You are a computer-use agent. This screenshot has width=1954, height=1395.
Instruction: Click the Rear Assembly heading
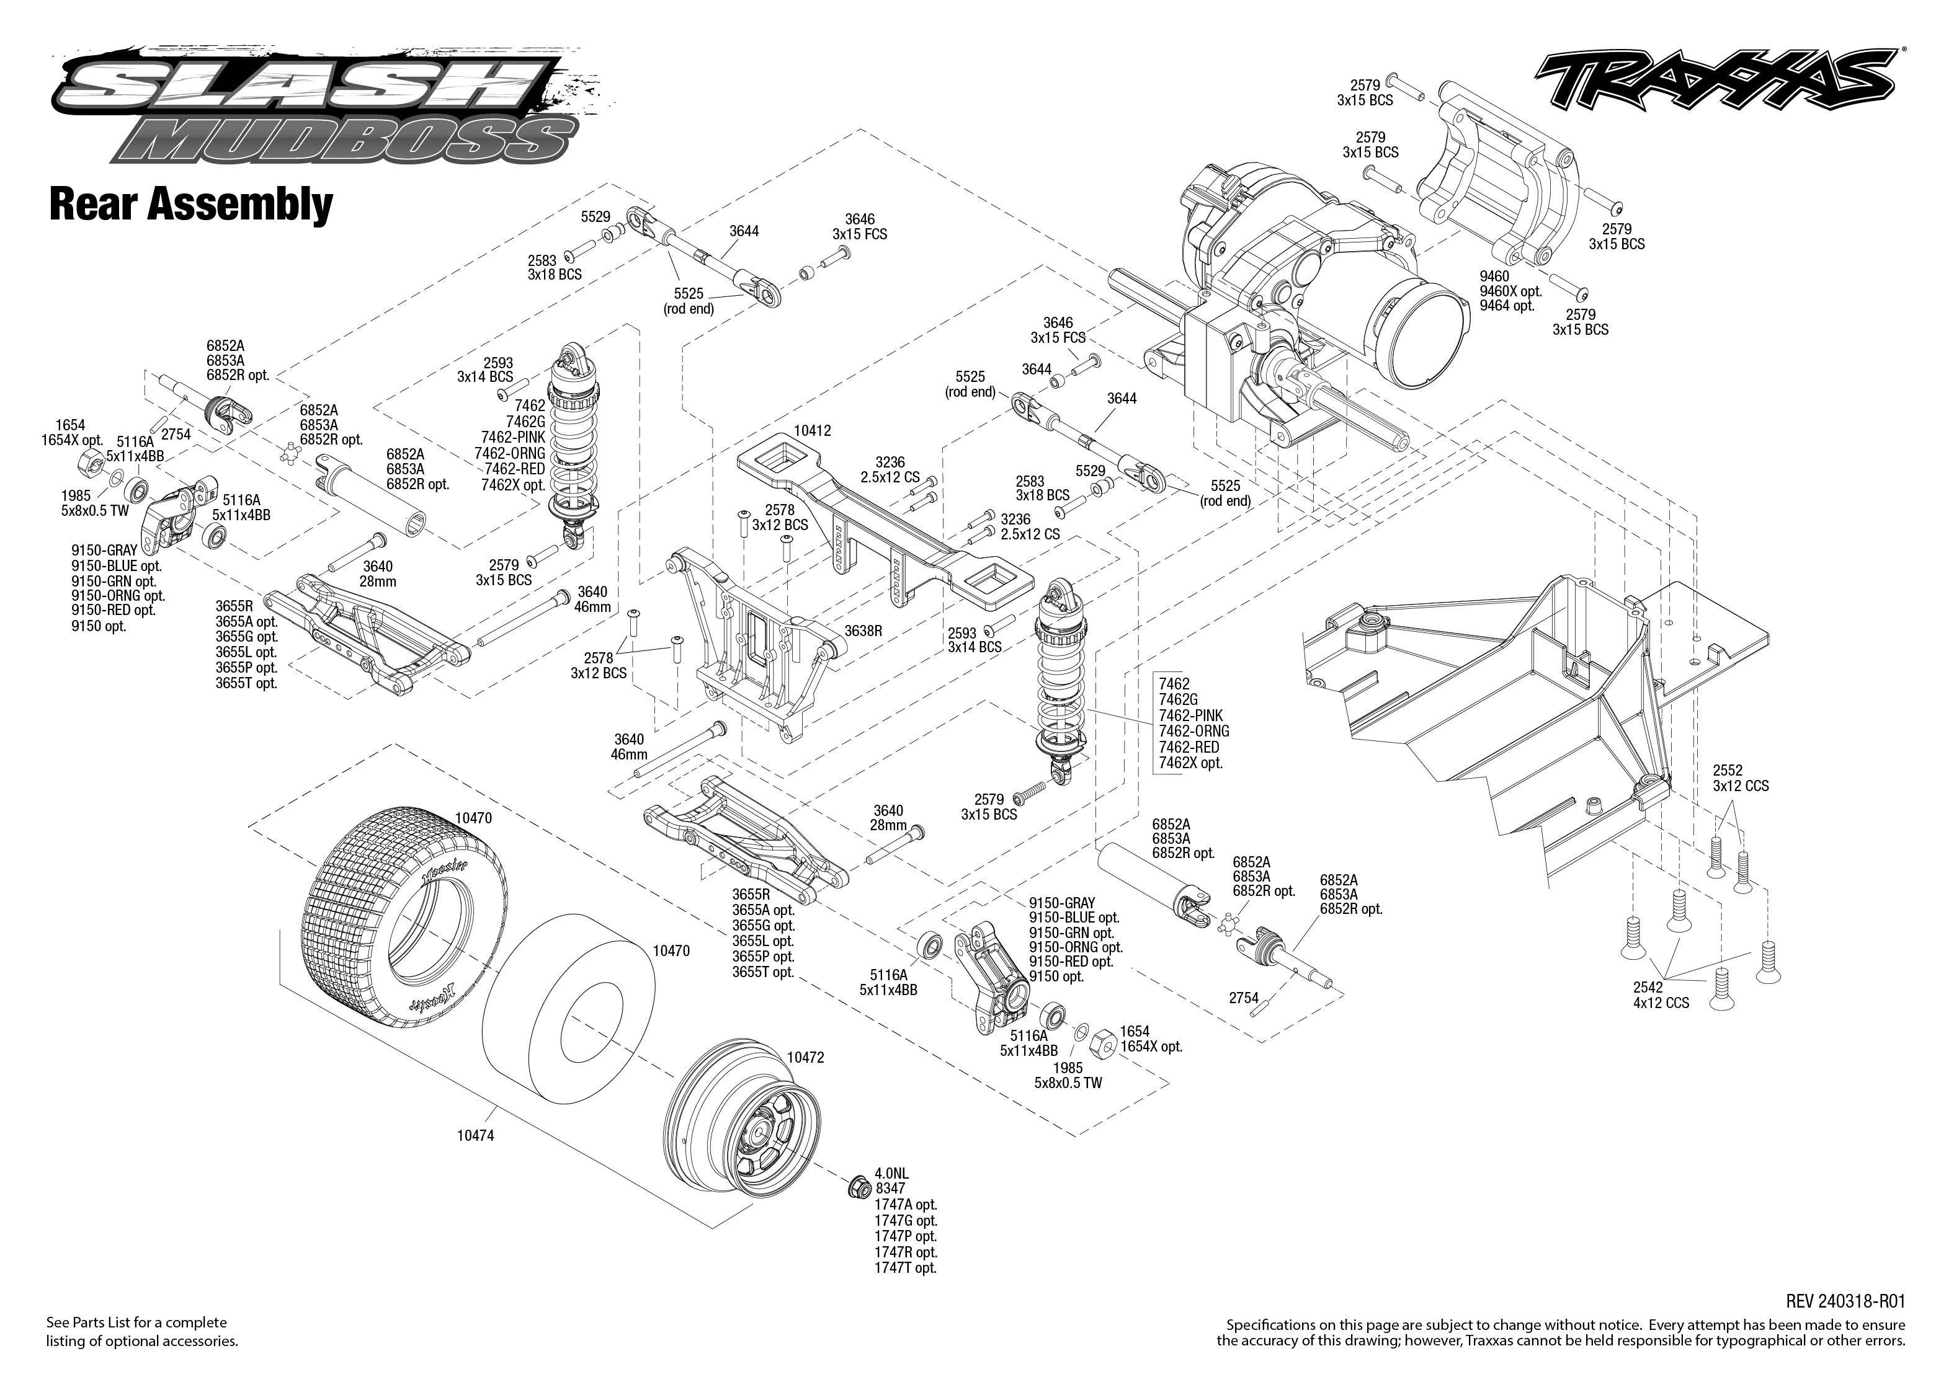click(x=191, y=205)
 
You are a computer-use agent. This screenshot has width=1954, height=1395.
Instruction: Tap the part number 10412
click(x=812, y=430)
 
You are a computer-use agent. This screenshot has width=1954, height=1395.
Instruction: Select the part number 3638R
click(x=863, y=631)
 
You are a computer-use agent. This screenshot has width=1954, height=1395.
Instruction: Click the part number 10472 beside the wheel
click(x=805, y=1058)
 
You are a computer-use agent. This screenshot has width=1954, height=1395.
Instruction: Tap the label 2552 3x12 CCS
click(x=1740, y=778)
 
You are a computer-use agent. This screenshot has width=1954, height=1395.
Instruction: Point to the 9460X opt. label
click(x=1510, y=291)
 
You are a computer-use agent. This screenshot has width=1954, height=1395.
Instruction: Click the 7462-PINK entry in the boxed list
click(x=1190, y=715)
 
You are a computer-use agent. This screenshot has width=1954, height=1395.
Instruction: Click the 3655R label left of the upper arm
click(x=234, y=606)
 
